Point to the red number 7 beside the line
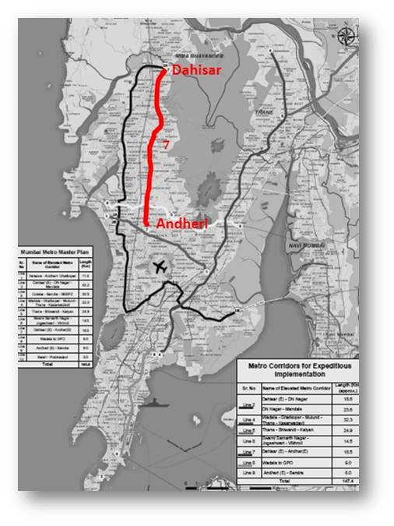(167, 145)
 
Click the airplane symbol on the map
(162, 267)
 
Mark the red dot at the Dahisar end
(163, 70)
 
